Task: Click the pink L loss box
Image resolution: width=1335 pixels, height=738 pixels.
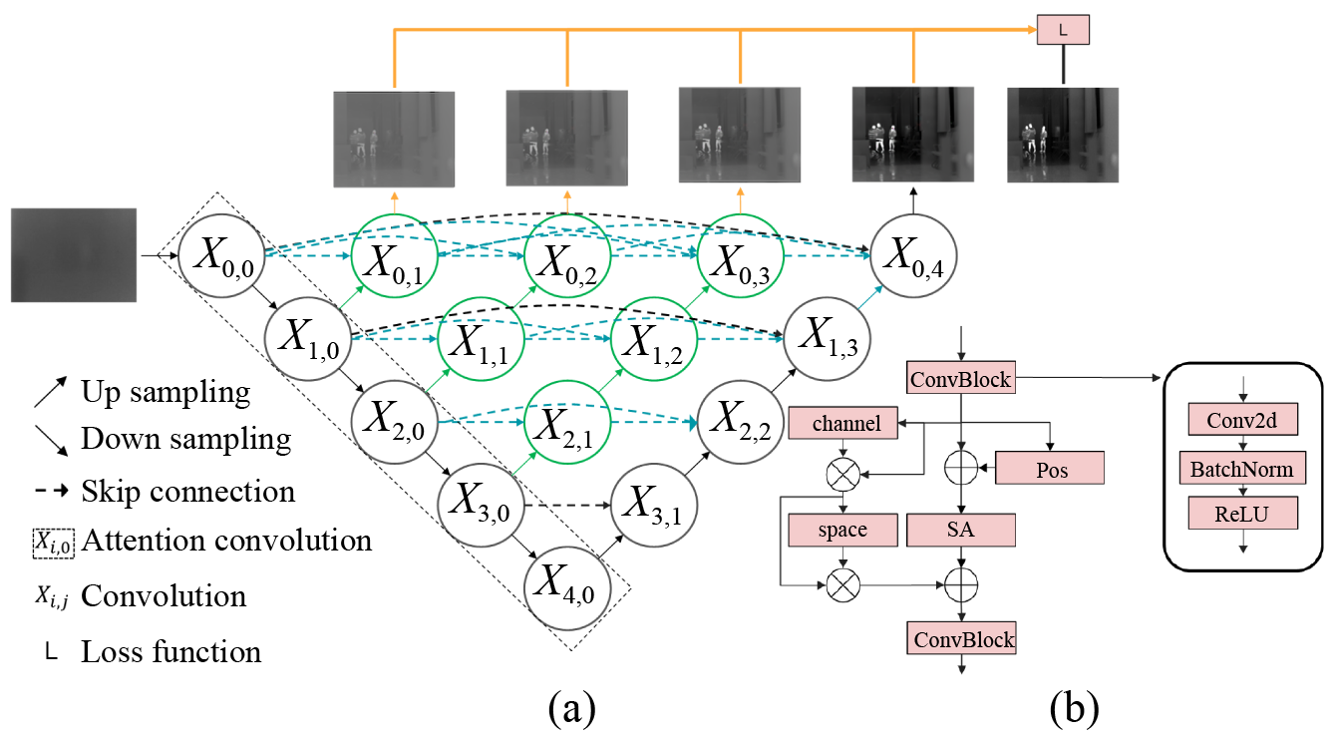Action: [x=1063, y=30]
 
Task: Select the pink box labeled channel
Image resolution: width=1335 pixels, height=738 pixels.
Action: [x=846, y=424]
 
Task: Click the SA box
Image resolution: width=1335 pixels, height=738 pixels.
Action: [x=960, y=530]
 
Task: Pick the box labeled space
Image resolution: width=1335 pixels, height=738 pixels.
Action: [x=841, y=531]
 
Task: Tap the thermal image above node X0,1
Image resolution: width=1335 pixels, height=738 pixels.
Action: [x=394, y=139]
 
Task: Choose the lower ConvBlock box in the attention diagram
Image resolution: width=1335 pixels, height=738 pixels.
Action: [x=960, y=639]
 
